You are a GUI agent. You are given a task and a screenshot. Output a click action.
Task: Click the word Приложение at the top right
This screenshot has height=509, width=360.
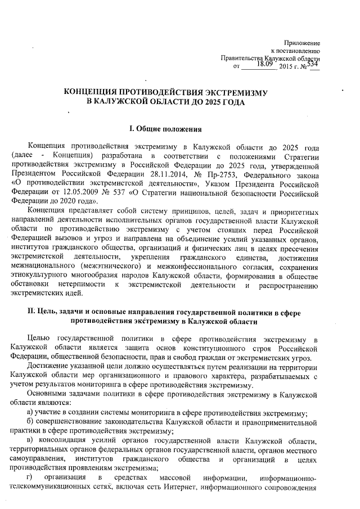(x=302, y=43)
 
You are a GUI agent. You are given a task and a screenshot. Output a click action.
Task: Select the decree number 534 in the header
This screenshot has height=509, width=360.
(x=313, y=65)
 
